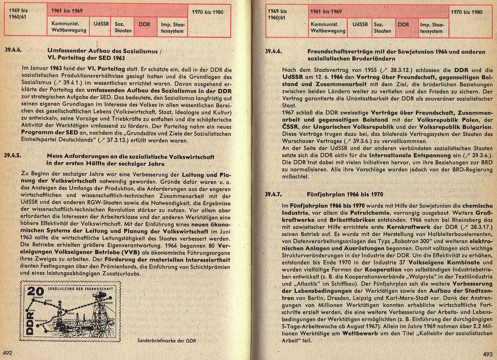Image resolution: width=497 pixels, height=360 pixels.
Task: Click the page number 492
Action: click(8, 352)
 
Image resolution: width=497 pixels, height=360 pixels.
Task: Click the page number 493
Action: click(488, 354)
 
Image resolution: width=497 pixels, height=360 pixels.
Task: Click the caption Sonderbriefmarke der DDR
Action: click(166, 340)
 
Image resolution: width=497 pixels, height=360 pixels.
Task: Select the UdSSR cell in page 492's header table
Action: click(101, 24)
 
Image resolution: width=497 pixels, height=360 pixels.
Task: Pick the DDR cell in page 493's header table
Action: click(403, 24)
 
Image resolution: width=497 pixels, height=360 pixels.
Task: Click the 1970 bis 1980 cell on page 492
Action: click(207, 12)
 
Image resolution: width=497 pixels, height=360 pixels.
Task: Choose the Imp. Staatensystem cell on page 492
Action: click(172, 27)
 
